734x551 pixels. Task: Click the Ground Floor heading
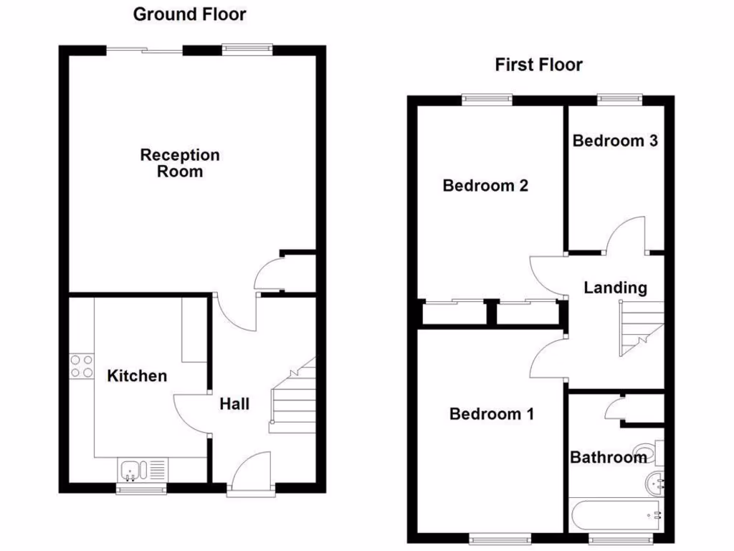[x=189, y=14]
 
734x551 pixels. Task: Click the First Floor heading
[x=538, y=65]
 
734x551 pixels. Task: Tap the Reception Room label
[x=180, y=163]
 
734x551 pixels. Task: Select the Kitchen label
[x=137, y=375]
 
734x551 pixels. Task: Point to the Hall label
[x=234, y=404]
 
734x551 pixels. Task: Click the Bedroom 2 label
[x=485, y=186]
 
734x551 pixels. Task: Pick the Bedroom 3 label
[x=615, y=141]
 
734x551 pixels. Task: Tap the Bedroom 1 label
[x=492, y=414]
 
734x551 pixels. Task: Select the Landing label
[x=615, y=288]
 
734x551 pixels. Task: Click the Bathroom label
[x=608, y=457]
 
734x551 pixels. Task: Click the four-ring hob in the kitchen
[x=81, y=367]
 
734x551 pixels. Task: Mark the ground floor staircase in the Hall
[x=294, y=398]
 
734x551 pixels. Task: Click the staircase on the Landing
[x=642, y=329]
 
